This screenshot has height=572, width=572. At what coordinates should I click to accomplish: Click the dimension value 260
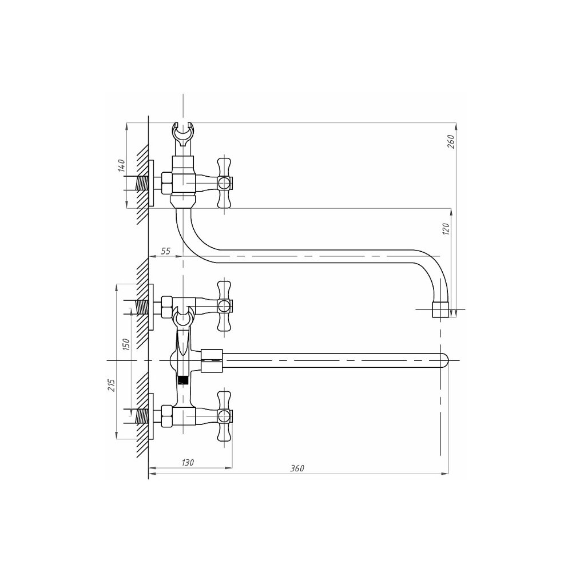click(451, 141)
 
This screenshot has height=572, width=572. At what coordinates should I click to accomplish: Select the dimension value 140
click(121, 166)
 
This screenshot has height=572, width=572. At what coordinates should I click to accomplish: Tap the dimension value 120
click(446, 229)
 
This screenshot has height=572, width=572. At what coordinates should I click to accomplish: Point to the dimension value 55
click(166, 251)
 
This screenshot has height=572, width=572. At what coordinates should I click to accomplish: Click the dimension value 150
click(126, 344)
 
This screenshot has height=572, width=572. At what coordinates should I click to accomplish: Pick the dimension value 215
click(112, 385)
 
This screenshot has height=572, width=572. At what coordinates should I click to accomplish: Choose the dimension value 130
click(188, 462)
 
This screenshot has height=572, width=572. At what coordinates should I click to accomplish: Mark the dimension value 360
click(297, 468)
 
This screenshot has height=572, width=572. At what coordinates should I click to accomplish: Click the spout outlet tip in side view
click(440, 309)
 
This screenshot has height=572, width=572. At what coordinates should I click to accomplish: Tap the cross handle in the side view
click(224, 182)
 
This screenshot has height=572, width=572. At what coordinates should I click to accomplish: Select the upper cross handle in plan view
click(224, 305)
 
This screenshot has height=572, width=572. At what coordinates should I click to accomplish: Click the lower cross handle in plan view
click(224, 416)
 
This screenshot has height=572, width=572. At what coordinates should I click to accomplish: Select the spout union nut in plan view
click(212, 361)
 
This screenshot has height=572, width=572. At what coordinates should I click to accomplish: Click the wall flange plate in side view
click(151, 183)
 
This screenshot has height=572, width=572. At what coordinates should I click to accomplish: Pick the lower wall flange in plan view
click(151, 416)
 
